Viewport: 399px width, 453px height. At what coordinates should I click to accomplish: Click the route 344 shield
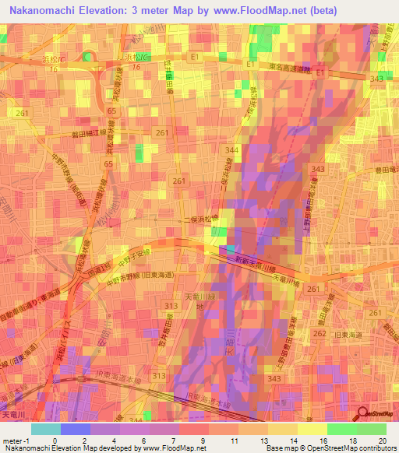(232, 149)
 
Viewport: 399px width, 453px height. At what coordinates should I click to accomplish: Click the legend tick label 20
(382, 440)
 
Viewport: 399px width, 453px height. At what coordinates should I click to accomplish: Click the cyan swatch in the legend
(46, 429)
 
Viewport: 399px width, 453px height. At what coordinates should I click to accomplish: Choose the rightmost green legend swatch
(372, 429)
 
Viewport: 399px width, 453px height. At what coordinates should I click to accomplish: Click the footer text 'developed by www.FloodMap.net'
(161, 449)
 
